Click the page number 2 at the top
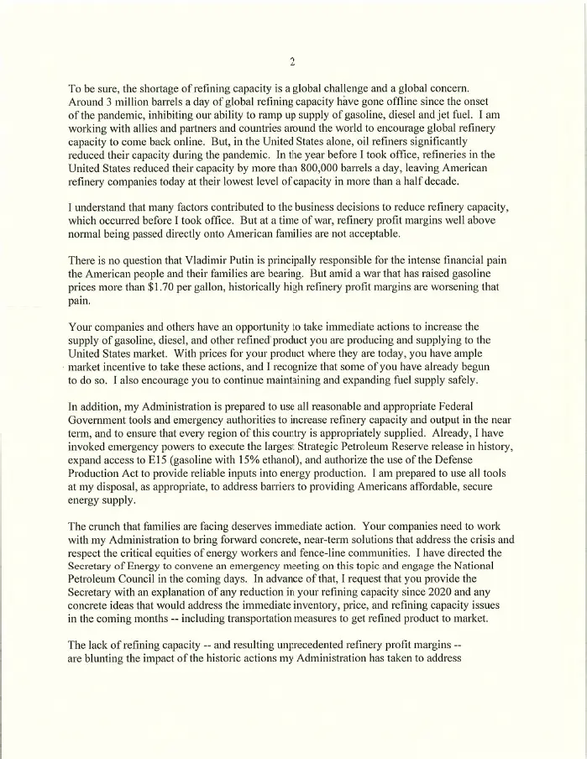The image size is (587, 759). (x=291, y=62)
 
